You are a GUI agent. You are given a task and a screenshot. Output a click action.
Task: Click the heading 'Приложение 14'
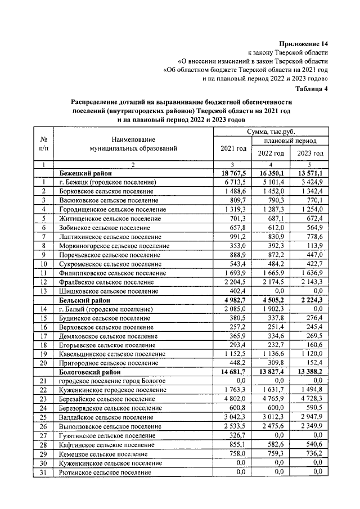point(304,44)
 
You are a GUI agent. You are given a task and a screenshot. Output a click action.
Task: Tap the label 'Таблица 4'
point(312,88)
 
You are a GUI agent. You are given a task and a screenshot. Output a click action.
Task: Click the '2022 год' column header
point(271,154)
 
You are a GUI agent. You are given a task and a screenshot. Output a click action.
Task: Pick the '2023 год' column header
point(310,154)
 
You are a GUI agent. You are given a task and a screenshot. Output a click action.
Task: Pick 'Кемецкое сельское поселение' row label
point(103,453)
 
